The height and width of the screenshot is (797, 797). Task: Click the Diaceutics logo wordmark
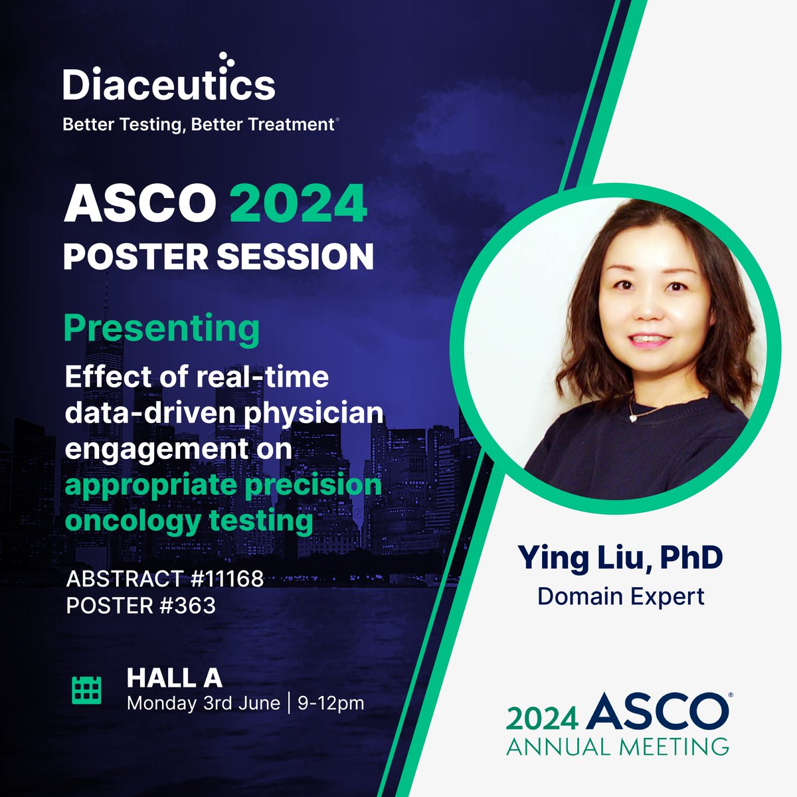tap(169, 86)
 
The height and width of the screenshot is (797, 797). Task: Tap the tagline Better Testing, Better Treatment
tap(198, 125)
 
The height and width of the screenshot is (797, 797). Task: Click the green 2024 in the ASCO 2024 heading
tap(298, 205)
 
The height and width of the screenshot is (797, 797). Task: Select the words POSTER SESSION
tap(219, 256)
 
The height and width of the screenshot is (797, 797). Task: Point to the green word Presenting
tap(161, 329)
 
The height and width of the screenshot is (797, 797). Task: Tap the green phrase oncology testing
tap(189, 520)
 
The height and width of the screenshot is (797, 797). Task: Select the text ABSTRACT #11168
tap(165, 579)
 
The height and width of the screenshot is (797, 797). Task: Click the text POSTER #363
tap(141, 606)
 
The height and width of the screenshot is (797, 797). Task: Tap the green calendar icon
tap(86, 690)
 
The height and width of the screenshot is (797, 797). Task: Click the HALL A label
tap(174, 677)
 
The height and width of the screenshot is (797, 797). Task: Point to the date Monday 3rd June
tap(203, 703)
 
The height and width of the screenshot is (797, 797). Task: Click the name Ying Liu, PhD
tap(620, 558)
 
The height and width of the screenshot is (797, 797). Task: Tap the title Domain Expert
tap(620, 596)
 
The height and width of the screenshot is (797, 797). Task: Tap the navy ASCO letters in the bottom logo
tap(658, 712)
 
